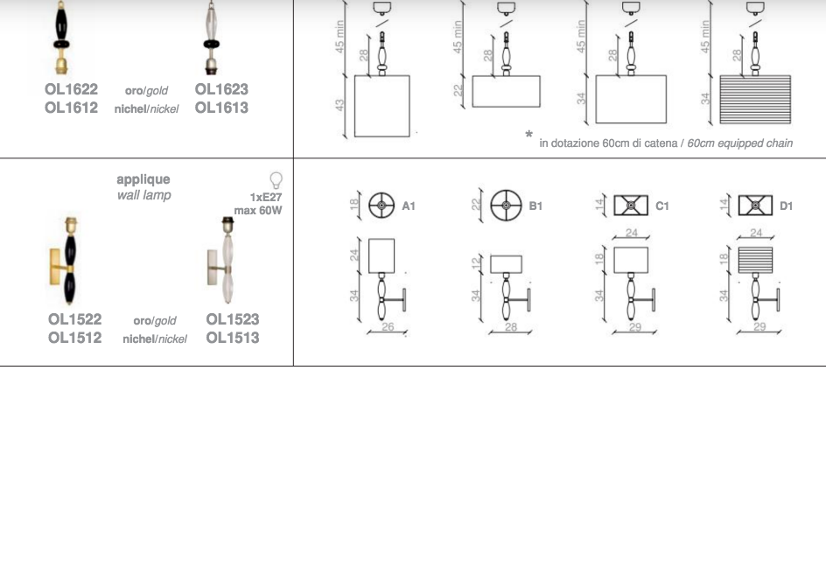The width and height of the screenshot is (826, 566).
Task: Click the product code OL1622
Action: (x=71, y=89)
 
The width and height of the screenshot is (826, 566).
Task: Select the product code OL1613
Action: (x=221, y=108)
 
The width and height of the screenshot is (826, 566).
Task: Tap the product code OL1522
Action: (x=74, y=319)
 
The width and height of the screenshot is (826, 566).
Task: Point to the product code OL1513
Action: (x=233, y=338)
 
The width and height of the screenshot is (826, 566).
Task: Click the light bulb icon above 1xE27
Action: (x=276, y=180)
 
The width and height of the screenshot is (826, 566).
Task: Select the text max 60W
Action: (x=258, y=210)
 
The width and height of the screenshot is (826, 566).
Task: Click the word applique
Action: (x=143, y=179)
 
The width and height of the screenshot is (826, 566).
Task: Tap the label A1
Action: (x=409, y=206)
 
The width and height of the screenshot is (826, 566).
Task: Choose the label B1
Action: (x=535, y=206)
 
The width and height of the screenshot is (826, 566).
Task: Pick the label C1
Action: (x=662, y=206)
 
